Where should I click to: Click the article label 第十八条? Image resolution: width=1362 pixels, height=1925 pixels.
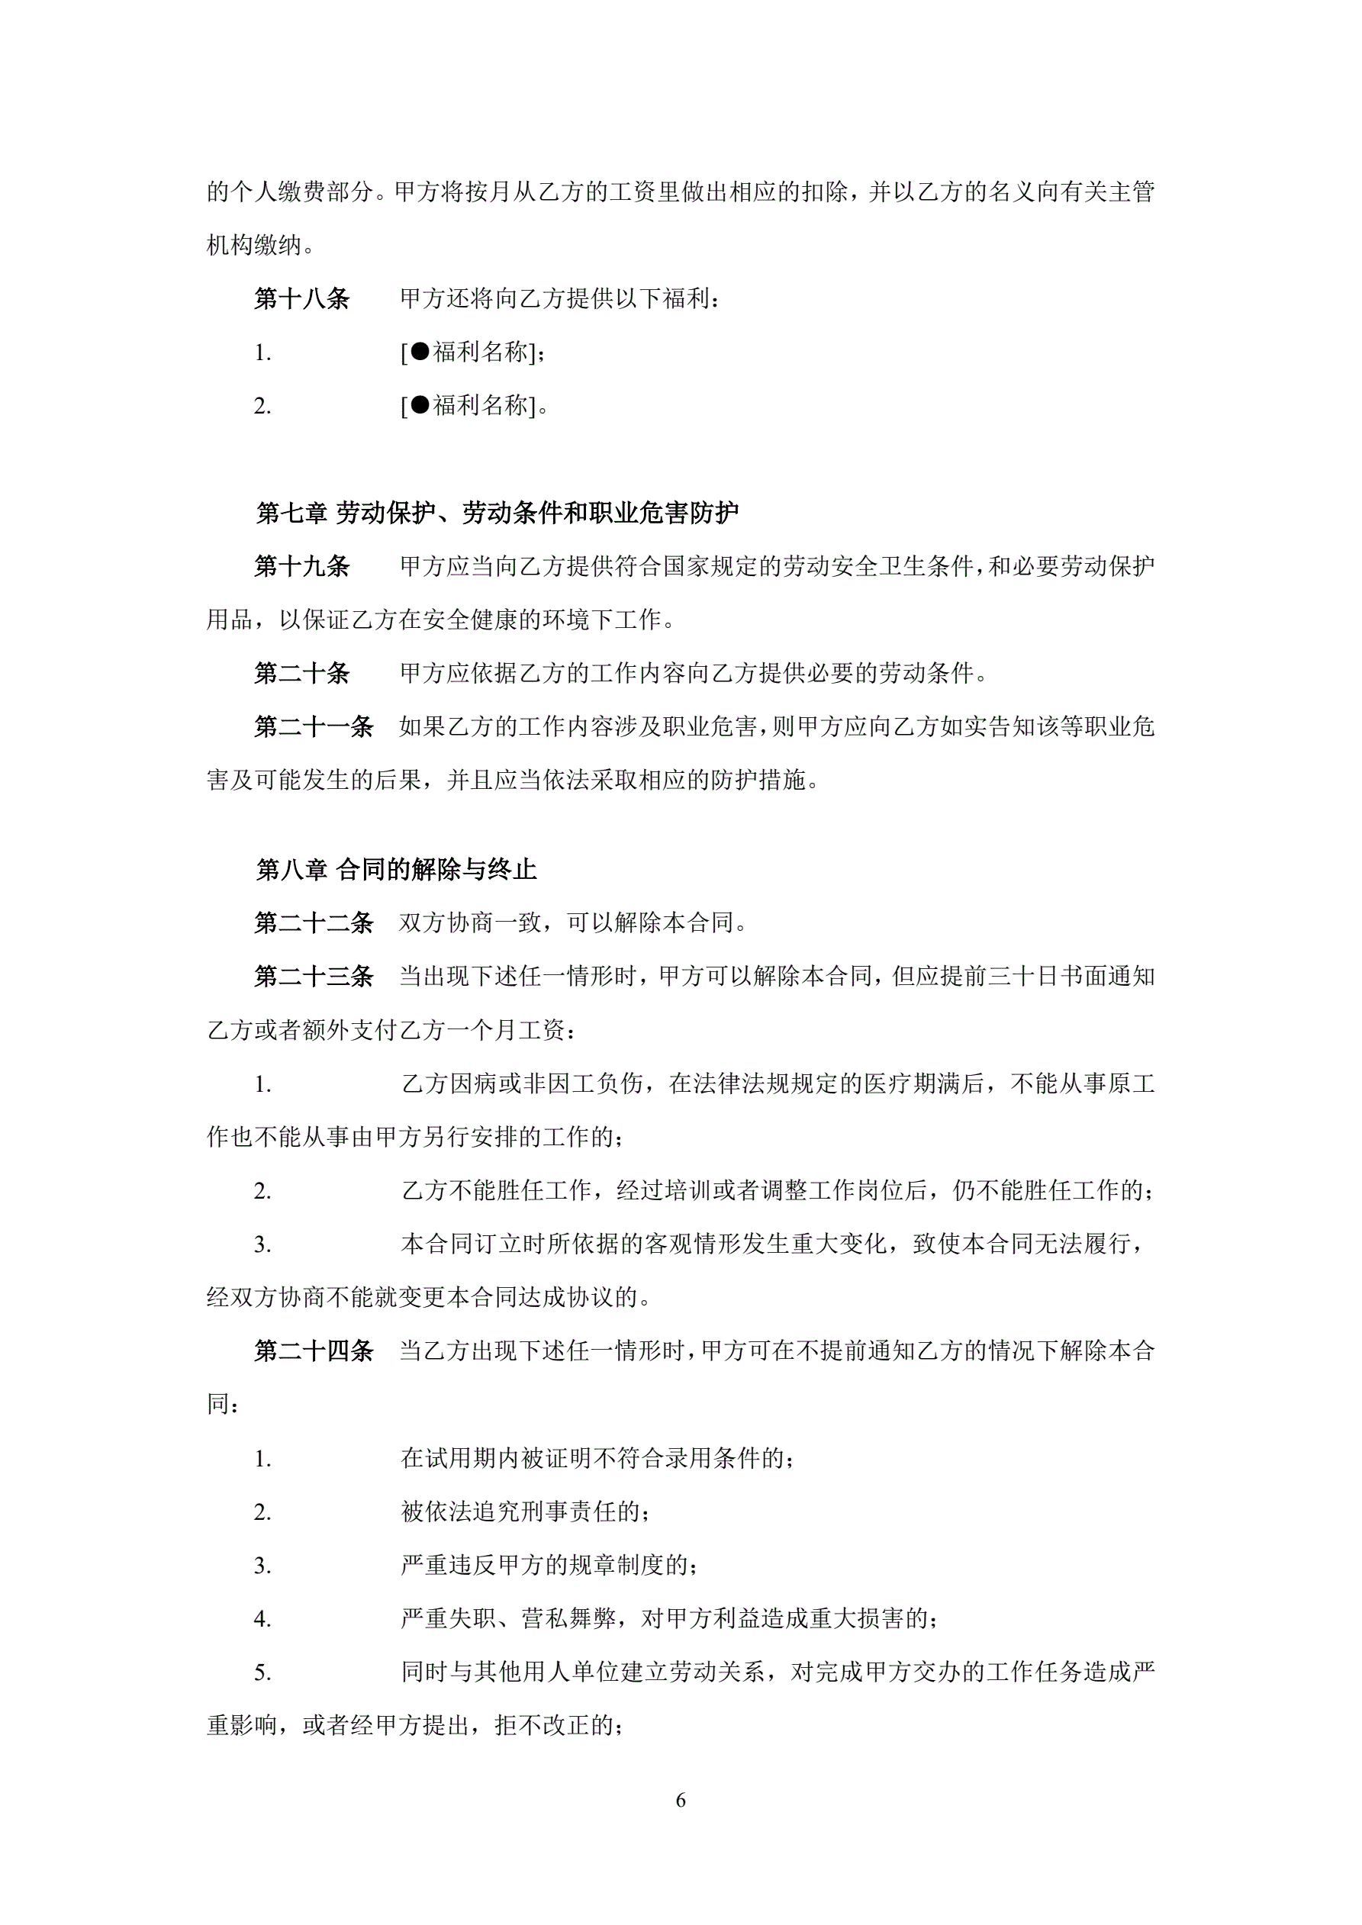pos(302,299)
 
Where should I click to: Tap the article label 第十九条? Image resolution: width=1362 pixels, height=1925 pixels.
pos(302,567)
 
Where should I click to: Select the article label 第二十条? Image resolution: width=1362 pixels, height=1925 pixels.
pos(302,673)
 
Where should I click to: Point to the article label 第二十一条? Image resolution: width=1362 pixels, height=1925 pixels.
pos(314,727)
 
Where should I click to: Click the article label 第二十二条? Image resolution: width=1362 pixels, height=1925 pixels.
pos(314,923)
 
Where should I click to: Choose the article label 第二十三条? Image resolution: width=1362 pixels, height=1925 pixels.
pos(314,977)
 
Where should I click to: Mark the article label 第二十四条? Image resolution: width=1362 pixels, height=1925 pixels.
pos(314,1351)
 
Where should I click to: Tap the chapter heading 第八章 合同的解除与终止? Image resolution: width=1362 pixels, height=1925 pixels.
pos(396,871)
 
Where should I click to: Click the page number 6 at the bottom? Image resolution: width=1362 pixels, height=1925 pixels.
pos(680,1800)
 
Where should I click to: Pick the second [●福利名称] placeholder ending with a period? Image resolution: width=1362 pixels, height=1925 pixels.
pos(473,407)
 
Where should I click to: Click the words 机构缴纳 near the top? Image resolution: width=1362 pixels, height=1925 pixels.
pos(255,246)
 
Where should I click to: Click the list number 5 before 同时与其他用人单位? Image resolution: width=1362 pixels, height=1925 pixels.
pos(262,1673)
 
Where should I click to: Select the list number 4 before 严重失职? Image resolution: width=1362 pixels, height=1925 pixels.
pos(262,1620)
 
